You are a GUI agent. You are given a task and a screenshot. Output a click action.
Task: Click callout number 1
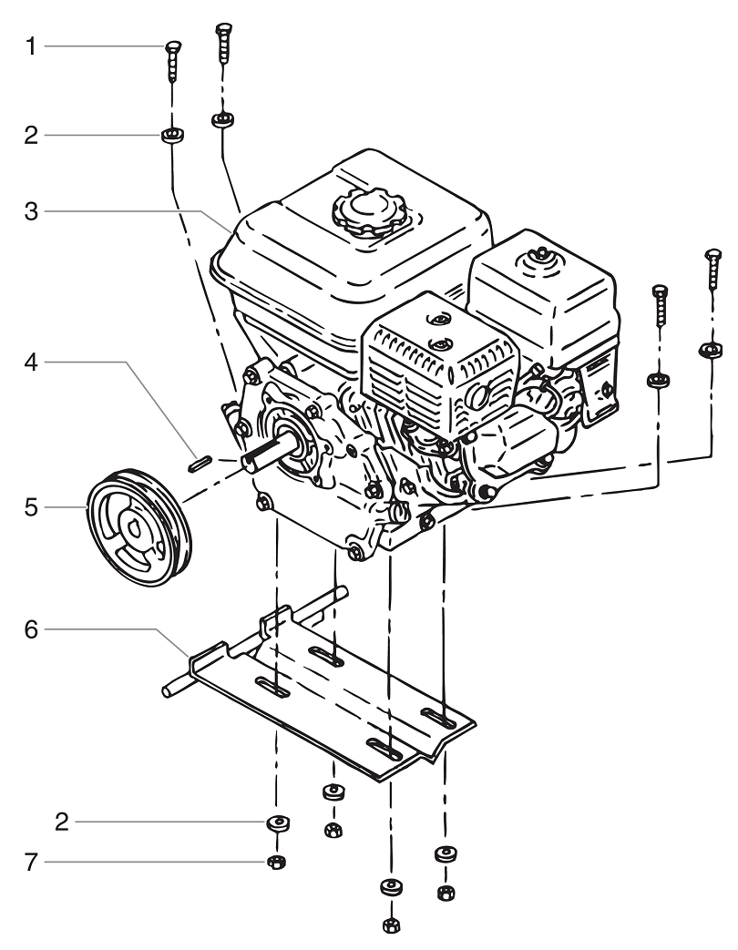(x=32, y=46)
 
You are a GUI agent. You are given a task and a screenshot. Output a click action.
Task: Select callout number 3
(x=32, y=211)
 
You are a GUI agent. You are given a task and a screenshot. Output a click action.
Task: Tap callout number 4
(x=32, y=363)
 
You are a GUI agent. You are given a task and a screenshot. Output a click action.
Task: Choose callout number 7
(x=32, y=862)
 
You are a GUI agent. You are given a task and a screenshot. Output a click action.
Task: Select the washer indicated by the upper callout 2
(x=172, y=136)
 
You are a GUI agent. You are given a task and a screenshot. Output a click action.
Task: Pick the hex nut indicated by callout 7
(x=273, y=862)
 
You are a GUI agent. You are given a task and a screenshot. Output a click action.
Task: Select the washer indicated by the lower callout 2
(x=276, y=823)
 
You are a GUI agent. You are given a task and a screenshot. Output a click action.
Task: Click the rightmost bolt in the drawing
(x=711, y=273)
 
